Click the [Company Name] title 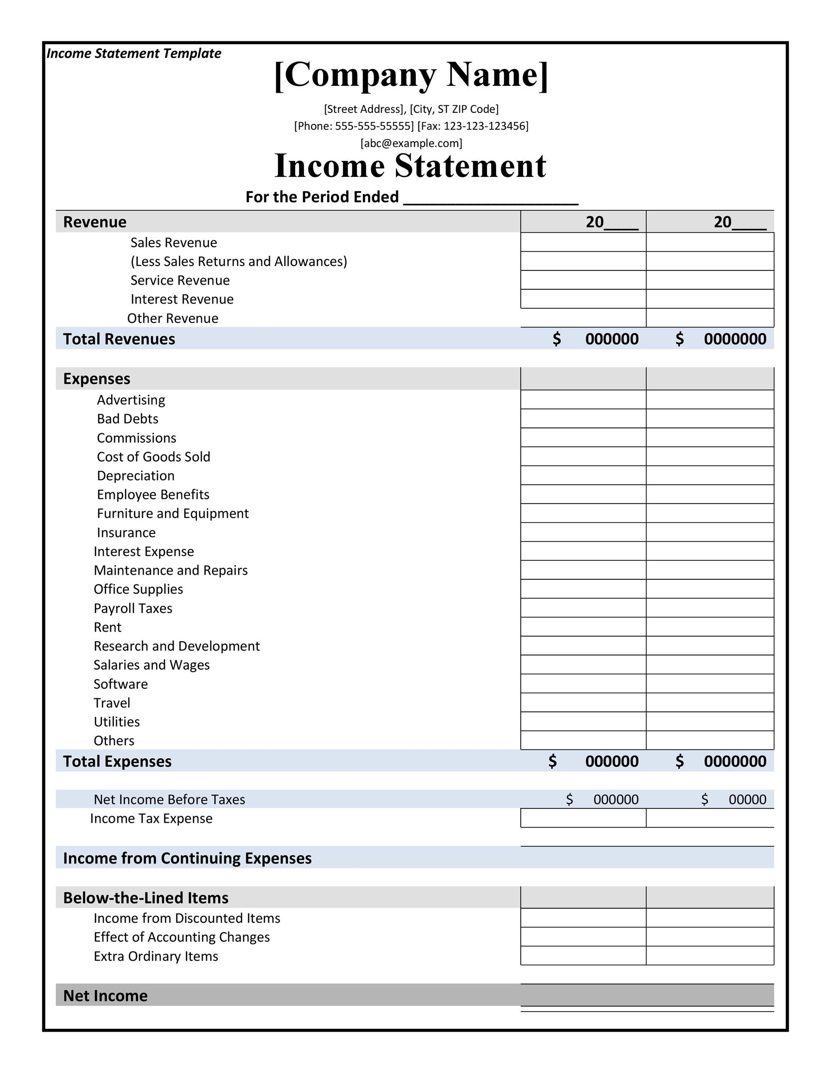coord(411,75)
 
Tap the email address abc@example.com coord(411,143)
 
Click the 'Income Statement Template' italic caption coord(133,53)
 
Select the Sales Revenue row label coord(173,242)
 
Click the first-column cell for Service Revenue coord(583,280)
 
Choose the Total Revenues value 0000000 coord(735,339)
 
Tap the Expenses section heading coord(97,379)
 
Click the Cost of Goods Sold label coord(153,457)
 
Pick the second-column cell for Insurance coord(710,533)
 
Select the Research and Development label coord(176,646)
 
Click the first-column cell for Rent coord(583,627)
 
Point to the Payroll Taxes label coord(133,608)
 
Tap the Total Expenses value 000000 coord(611,761)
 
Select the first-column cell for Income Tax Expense coord(583,818)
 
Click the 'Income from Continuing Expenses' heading coord(187,858)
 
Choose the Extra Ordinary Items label coord(156,957)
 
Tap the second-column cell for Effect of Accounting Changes coord(710,937)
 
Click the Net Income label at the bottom coord(105,996)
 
